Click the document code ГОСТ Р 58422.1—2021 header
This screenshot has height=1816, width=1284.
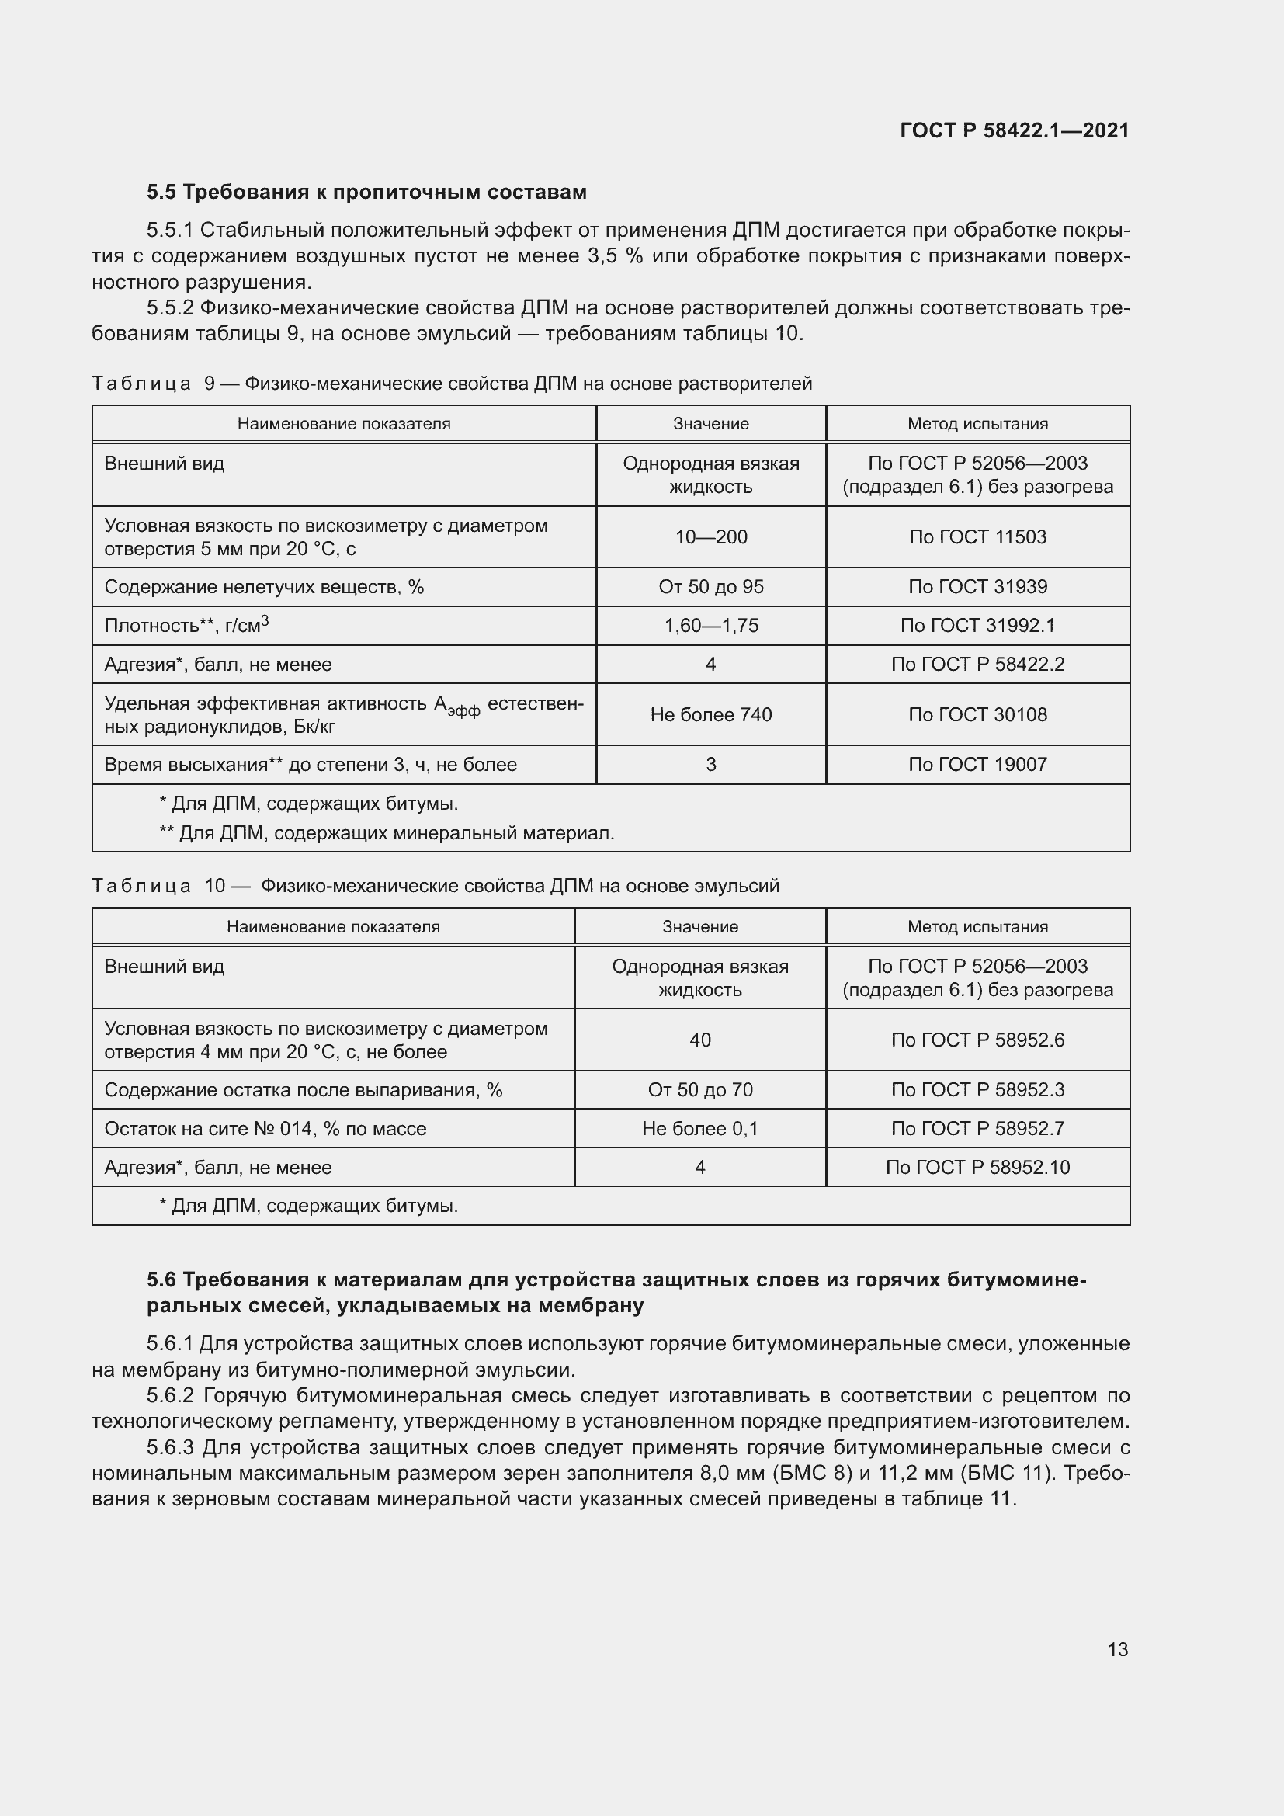pos(1015,130)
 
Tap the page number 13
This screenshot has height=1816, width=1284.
pos(1117,1649)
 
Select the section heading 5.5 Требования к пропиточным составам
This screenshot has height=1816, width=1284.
pos(367,193)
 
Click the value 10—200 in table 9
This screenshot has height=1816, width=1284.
pos(711,537)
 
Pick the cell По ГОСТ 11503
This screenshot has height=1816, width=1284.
pos(977,537)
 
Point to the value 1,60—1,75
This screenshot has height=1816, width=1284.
pos(711,626)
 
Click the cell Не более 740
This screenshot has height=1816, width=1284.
pos(711,715)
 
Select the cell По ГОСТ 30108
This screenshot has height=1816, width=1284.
pos(977,715)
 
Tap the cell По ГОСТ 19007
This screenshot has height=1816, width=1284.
pos(977,765)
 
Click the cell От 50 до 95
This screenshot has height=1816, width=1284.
pos(711,587)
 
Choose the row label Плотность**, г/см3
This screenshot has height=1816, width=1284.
pos(186,626)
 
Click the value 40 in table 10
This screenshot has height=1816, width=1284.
pos(699,1040)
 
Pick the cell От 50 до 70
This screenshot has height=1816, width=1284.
pos(699,1090)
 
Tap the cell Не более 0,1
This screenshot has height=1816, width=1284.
pos(699,1129)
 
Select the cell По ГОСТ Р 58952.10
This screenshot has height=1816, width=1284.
pos(977,1168)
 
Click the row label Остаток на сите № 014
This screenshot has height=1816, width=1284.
pos(265,1129)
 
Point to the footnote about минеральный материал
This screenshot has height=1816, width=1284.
pos(387,833)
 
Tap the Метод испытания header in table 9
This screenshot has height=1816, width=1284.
pos(977,424)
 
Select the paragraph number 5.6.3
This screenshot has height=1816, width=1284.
pos(170,1448)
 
